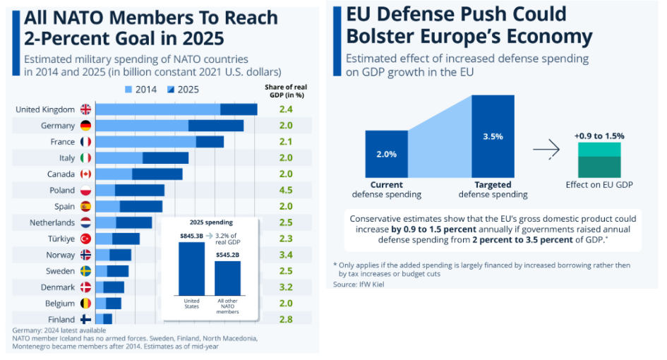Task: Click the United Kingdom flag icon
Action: pyautogui.click(x=85, y=109)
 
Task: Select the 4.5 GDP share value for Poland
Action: pyautogui.click(x=285, y=190)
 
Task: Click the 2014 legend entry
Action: pyautogui.click(x=141, y=90)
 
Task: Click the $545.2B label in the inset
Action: pyautogui.click(x=227, y=255)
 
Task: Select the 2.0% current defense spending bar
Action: pyautogui.click(x=386, y=153)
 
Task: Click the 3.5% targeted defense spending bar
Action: pyautogui.click(x=493, y=136)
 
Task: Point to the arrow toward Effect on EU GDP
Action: pyautogui.click(x=546, y=149)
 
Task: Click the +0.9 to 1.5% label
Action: pyautogui.click(x=599, y=136)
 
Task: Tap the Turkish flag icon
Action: pyautogui.click(x=85, y=239)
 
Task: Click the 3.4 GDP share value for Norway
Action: pyautogui.click(x=285, y=255)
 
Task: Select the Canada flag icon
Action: pyautogui.click(x=85, y=174)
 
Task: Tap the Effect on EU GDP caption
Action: pyautogui.click(x=599, y=185)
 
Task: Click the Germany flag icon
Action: pyautogui.click(x=85, y=126)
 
